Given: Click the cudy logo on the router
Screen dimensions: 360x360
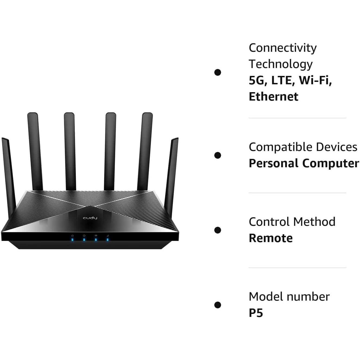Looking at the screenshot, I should click(90, 218).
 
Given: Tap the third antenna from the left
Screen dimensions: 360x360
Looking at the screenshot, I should click(69, 152).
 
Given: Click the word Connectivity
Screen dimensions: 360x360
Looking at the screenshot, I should click(282, 48).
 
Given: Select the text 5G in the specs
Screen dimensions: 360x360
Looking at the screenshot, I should click(256, 80).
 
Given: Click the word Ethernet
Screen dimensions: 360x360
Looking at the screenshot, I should click(273, 97).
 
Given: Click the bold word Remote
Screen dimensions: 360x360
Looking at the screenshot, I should click(271, 238).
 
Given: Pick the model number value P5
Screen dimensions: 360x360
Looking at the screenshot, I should click(256, 313).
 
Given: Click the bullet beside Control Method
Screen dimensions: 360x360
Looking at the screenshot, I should click(217, 230).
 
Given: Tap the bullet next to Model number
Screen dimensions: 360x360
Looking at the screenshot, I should click(217, 305).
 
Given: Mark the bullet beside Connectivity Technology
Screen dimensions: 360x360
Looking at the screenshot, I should click(217, 72).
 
